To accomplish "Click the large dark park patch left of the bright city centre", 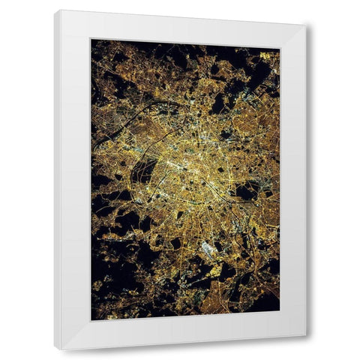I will [143, 172].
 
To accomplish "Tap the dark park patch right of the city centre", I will [244, 191].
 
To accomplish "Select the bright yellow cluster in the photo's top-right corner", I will [267, 55].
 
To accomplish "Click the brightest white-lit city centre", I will [187, 161].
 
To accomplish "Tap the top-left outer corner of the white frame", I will [55, 10].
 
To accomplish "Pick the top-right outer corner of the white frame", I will [307, 25].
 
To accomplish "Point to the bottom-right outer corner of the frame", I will [306, 335].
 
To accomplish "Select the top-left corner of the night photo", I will [91, 40].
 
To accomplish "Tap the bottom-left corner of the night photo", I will [91, 320].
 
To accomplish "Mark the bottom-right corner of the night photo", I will [279, 311].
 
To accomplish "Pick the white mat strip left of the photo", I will [76, 180].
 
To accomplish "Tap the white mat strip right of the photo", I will [292, 180].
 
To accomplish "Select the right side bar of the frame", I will [305, 180].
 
